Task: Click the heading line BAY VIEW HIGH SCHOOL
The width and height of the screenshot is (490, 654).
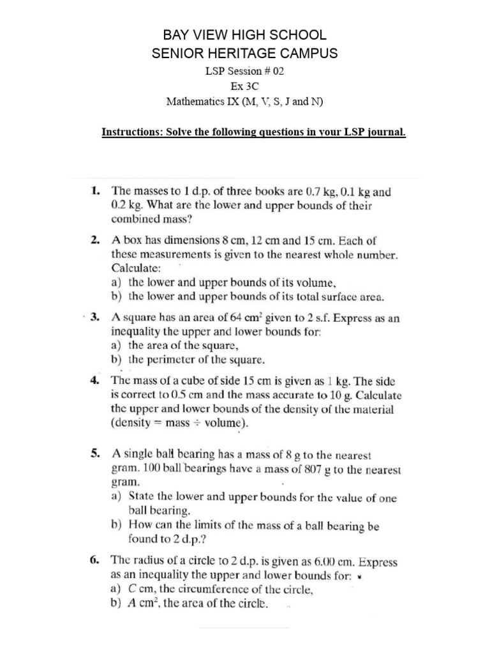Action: (245, 36)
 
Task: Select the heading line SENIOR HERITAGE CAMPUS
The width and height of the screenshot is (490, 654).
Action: (245, 54)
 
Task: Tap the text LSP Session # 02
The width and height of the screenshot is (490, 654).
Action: (244, 72)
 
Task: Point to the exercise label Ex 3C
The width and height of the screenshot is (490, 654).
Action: (244, 86)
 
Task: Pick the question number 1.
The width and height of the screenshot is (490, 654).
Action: (95, 190)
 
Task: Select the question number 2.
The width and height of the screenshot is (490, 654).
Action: (95, 241)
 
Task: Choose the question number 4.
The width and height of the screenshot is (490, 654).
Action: (95, 379)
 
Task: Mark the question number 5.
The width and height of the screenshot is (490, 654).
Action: (95, 455)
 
